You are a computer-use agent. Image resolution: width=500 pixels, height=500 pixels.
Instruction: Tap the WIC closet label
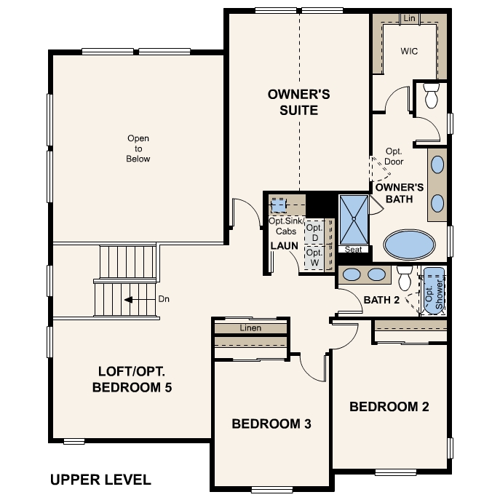coord(408,52)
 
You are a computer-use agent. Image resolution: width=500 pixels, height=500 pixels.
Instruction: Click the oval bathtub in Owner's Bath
coord(408,245)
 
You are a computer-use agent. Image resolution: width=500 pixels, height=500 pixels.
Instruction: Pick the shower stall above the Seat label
coord(353,220)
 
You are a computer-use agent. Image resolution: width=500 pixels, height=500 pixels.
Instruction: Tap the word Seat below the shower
coord(353,250)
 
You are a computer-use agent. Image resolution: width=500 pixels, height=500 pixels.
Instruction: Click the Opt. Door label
coord(394,156)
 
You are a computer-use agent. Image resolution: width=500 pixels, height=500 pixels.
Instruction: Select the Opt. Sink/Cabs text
coord(283,226)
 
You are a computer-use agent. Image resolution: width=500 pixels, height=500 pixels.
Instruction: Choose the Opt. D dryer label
coord(314,233)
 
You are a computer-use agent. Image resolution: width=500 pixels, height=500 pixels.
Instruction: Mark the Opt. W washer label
coord(314,258)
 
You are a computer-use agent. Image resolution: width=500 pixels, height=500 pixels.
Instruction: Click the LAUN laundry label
coord(284,246)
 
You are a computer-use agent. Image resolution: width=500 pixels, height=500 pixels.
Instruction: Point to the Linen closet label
coord(250,328)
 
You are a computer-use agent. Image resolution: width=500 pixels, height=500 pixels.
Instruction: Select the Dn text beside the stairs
coord(164,299)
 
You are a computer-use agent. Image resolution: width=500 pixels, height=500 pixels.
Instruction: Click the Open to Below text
coord(138,148)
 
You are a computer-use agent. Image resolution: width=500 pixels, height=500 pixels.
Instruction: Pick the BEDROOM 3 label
coord(271,424)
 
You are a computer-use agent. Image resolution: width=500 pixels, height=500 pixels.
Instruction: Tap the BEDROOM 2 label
coord(389,407)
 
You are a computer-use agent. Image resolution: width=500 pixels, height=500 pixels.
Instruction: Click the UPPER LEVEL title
coord(100,480)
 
